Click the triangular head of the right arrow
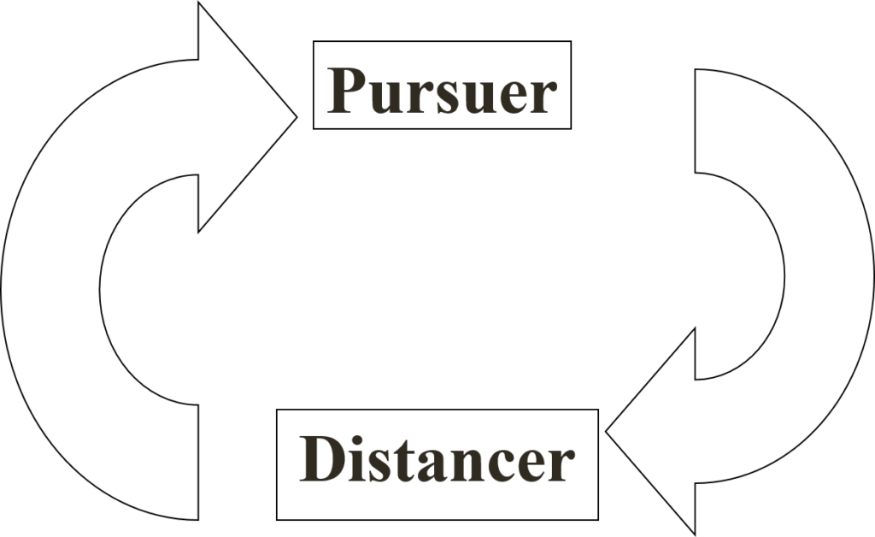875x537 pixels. [x=662, y=432]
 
